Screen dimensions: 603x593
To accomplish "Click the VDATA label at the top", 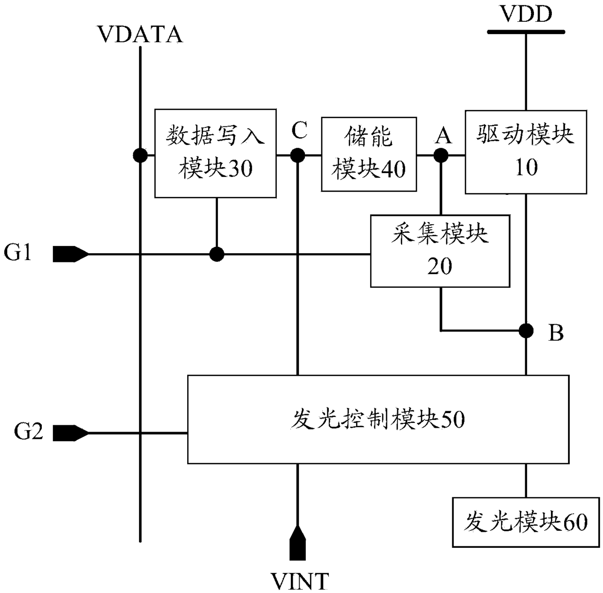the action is tap(141, 35).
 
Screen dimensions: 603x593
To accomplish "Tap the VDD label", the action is tap(527, 14).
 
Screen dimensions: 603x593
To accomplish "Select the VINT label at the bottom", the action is tap(300, 581).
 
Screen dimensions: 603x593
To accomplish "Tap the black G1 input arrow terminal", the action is tap(71, 254).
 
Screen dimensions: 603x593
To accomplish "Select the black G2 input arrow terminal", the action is tap(71, 433).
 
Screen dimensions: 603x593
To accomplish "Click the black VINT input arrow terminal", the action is tap(297, 543).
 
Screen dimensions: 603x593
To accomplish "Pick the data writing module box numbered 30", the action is tap(215, 153).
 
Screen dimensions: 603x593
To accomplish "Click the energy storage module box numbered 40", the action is tap(369, 154).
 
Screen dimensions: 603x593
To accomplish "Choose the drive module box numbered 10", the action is tap(526, 152).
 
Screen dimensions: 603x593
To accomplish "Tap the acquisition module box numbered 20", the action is tap(440, 251).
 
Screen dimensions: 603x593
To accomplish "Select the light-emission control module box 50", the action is tap(378, 419).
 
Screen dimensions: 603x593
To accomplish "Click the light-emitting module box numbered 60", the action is tap(526, 523).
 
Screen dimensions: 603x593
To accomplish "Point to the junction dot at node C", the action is tap(297, 155).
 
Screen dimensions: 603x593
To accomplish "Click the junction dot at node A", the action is tap(441, 155).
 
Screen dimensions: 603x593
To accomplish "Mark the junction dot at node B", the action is tap(526, 331).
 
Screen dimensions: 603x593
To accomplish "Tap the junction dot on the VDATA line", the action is tap(140, 155).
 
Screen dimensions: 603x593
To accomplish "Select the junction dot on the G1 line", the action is tap(217, 254).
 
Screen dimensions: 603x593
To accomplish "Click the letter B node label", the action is tap(556, 332).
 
